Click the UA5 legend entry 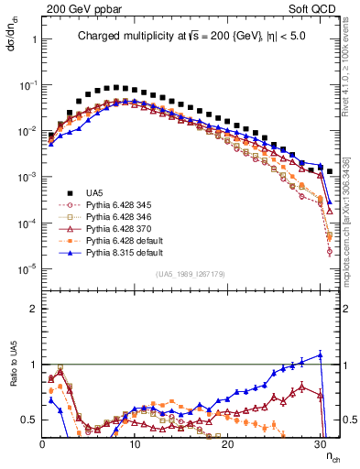(x=95, y=192)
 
